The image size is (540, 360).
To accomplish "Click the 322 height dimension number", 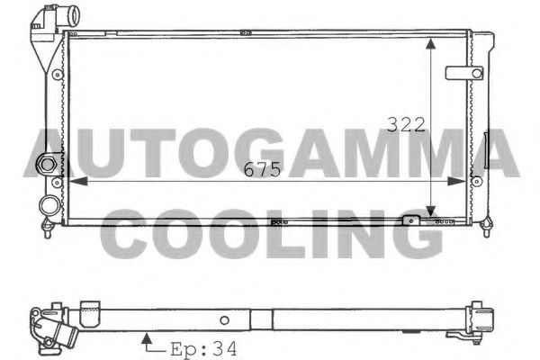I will click(406, 125).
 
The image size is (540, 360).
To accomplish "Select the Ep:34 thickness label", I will click(202, 347).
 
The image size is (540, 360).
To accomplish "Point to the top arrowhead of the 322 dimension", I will click(435, 42).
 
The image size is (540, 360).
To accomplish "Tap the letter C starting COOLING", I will click(128, 235).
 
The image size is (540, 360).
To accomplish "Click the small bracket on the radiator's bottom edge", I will click(412, 220).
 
